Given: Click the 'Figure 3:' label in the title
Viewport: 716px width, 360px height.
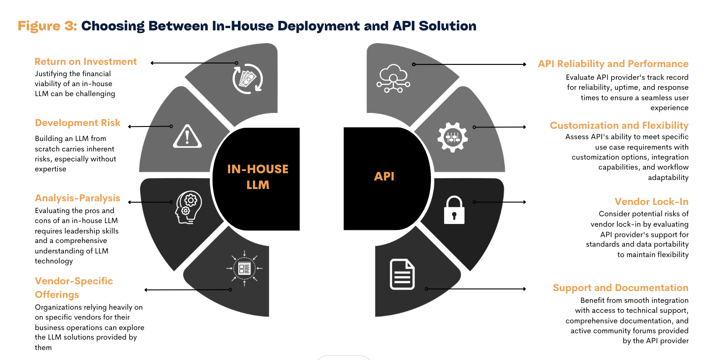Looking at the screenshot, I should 47,26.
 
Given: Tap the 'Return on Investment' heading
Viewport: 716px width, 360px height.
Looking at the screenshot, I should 85,62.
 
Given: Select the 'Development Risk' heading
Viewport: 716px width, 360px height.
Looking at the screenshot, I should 77,123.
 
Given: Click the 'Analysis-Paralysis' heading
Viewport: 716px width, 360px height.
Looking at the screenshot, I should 77,198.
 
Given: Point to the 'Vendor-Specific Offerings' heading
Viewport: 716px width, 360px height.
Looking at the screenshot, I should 73,287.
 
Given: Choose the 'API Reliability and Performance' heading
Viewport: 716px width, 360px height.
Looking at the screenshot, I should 613,64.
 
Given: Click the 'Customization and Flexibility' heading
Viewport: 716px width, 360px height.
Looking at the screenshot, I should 619,126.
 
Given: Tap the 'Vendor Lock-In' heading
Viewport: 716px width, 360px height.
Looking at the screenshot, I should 651,202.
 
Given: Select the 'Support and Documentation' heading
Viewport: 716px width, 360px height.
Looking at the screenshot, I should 620,288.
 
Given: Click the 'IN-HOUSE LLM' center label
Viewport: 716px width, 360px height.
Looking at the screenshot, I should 257,177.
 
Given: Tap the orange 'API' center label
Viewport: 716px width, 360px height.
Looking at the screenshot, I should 384,176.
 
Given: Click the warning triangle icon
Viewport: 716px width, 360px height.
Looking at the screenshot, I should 187,136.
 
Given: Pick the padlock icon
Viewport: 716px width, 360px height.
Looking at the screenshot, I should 454,210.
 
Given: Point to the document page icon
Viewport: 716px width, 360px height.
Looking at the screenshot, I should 402,274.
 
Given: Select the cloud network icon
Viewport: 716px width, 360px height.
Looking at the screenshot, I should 393,78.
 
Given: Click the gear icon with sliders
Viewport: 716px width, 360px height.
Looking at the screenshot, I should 452,137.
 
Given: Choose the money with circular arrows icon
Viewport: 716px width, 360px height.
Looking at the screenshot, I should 247,79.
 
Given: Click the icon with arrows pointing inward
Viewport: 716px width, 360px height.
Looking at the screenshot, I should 244,268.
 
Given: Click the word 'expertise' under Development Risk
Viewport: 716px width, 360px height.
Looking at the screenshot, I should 50,169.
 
